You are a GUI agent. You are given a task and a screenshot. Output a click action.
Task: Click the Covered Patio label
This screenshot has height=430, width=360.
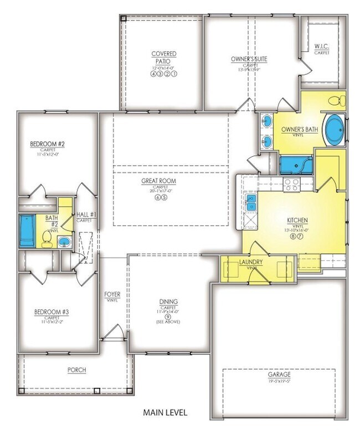[x=164, y=57]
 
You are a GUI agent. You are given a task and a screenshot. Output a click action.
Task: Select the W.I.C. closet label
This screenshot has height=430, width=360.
[x=321, y=47]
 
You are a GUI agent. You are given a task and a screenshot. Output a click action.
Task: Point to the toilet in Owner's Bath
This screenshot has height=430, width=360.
[x=336, y=101]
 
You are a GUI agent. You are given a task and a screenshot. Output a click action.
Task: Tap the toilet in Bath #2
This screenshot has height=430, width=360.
[x=47, y=238]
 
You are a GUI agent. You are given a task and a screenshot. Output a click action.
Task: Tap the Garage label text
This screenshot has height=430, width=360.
[x=279, y=375]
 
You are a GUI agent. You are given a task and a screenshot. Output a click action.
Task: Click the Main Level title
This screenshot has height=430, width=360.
[x=165, y=413]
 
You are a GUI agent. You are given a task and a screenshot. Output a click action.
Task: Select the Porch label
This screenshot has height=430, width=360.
[x=76, y=370]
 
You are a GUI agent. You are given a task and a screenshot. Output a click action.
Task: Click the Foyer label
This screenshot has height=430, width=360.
[x=112, y=294]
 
